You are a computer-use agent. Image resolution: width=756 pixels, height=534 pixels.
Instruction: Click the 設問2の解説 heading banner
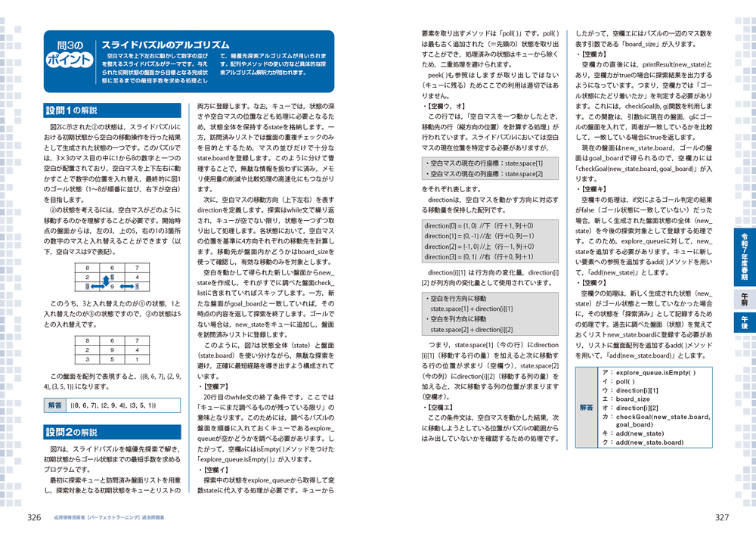click(x=72, y=433)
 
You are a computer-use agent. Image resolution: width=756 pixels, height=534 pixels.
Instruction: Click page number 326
click(x=33, y=518)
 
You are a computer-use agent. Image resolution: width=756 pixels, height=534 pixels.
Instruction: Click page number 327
click(x=722, y=518)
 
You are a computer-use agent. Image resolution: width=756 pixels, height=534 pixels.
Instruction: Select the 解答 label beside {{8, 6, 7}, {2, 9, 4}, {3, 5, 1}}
click(x=55, y=405)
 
